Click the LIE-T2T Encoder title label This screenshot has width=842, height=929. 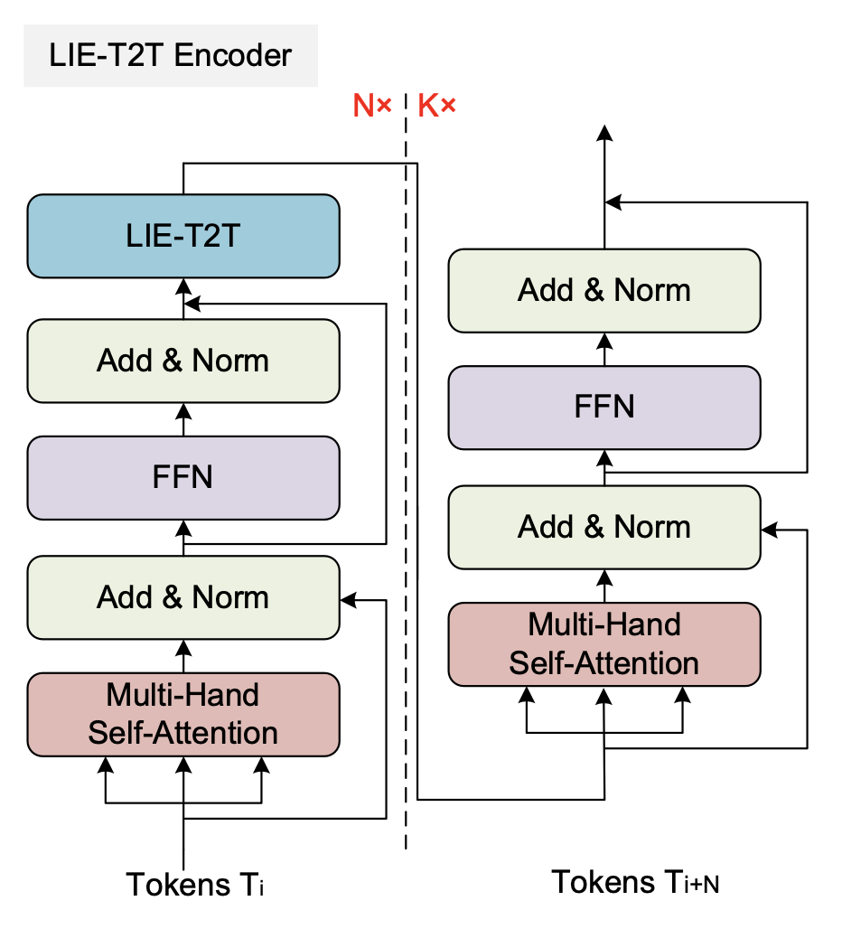171,56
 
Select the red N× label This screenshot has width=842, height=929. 371,107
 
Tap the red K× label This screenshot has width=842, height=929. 437,107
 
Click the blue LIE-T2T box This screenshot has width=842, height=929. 183,236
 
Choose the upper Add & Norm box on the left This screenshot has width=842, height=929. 183,361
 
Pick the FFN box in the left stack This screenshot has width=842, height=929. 183,477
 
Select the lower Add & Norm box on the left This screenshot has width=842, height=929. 183,597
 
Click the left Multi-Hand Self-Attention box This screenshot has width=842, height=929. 183,714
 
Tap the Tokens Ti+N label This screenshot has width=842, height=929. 635,881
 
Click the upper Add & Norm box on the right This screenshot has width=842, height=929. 604,290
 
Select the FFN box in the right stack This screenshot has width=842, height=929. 604,407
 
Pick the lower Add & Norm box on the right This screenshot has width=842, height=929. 604,527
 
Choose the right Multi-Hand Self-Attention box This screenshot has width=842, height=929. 604,643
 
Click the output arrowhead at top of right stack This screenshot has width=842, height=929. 604,133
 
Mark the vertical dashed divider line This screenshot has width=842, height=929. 406,470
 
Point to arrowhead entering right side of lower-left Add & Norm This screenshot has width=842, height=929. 347,599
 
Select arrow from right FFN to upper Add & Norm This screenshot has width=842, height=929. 604,349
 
